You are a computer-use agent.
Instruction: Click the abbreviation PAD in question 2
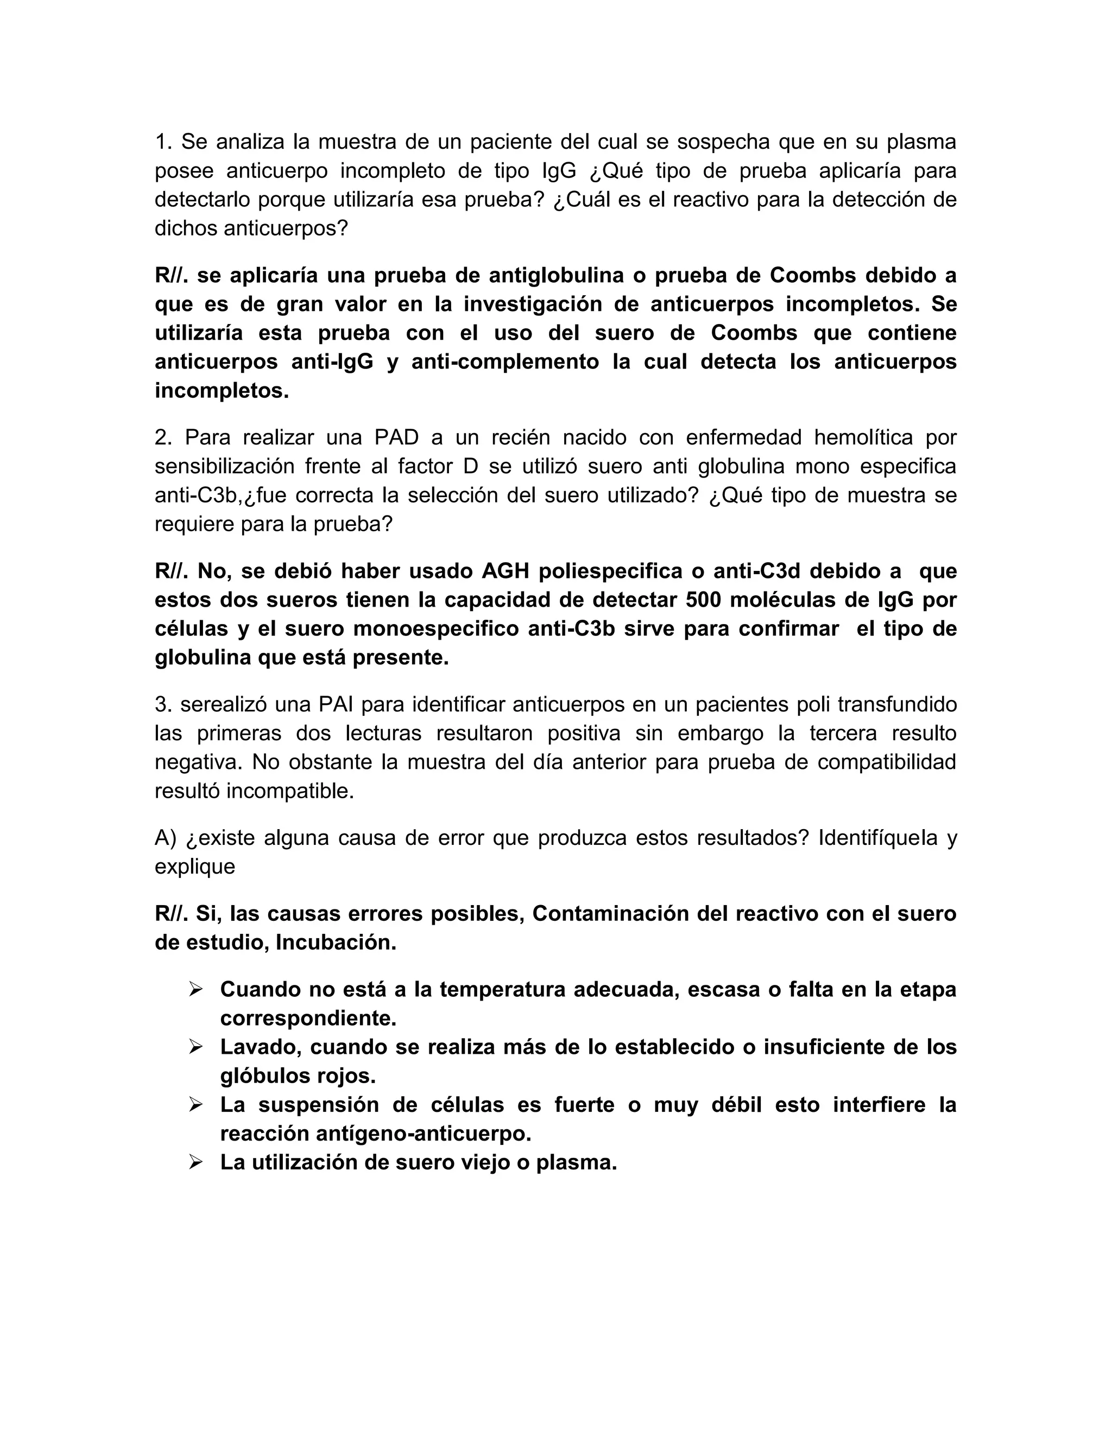point(396,437)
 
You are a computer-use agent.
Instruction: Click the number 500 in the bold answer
point(707,600)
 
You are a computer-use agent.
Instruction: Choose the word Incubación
point(336,943)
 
